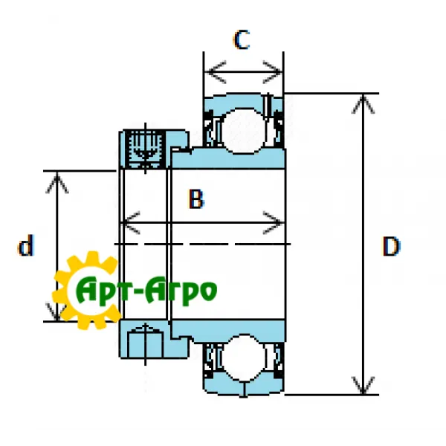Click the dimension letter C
pos(241,40)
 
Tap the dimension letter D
pos(391,246)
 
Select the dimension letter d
pos(27,246)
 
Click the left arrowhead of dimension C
pos(212,73)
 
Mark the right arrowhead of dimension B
pos(277,222)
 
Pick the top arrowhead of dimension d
pos(57,179)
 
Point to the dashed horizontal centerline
pos(223,244)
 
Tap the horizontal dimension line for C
pos(245,73)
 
